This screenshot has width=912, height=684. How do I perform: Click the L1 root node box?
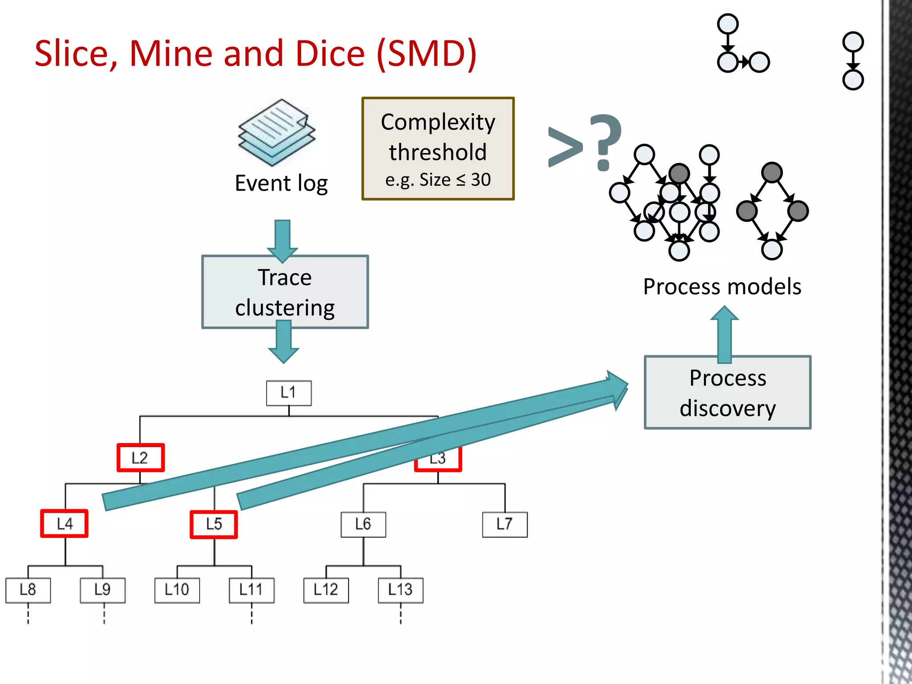tap(289, 393)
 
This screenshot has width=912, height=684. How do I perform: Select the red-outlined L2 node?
tap(140, 457)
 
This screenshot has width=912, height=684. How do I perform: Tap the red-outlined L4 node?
tap(64, 523)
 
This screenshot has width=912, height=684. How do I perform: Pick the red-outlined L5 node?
tap(214, 524)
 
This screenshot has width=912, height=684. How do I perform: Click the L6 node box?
tap(363, 524)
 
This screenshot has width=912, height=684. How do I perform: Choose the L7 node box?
tap(505, 524)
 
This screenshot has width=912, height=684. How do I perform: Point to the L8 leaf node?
tap(28, 590)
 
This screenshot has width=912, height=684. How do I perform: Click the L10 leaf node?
tap(177, 590)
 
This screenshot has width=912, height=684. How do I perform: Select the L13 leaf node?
tap(400, 590)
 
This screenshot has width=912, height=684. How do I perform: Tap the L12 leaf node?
tap(326, 590)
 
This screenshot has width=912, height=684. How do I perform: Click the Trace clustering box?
tap(285, 292)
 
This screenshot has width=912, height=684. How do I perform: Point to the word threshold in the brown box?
tap(438, 152)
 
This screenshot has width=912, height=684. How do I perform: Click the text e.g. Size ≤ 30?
tap(438, 180)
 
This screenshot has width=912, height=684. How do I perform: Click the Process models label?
tap(722, 286)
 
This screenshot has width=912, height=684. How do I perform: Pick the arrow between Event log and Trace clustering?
tap(282, 240)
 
